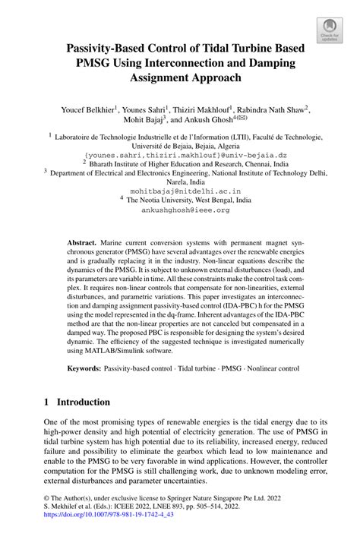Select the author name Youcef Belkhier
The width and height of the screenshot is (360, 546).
pyautogui.click(x=87, y=109)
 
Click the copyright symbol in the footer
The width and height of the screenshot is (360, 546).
pyautogui.click(x=48, y=513)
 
